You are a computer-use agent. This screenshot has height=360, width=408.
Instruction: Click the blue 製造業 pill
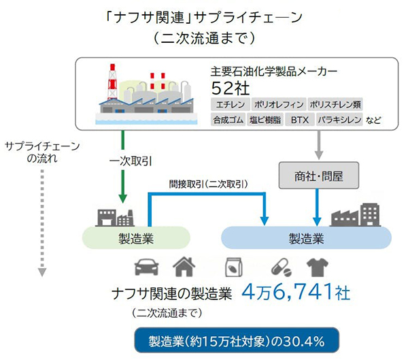(x=307, y=238)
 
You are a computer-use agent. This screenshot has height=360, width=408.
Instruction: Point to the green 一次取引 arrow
(x=123, y=166)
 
